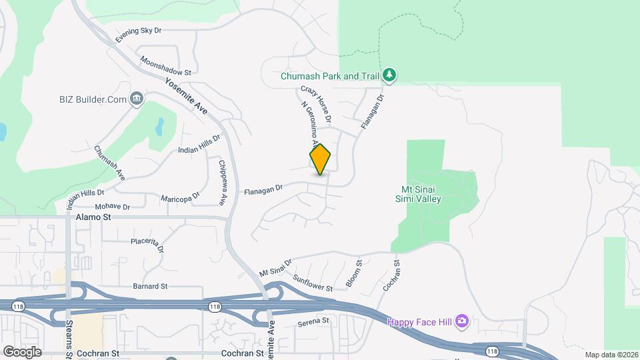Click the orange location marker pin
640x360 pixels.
pyautogui.click(x=320, y=159)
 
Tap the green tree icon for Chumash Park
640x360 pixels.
pyautogui.click(x=389, y=75)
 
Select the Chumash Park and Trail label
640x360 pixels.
pyautogui.click(x=329, y=76)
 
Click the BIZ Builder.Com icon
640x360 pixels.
pyautogui.click(x=137, y=99)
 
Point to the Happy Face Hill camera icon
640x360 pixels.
pyautogui.click(x=462, y=323)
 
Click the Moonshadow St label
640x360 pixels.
pyautogui.click(x=165, y=65)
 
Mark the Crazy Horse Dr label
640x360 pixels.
pyautogui.click(x=316, y=104)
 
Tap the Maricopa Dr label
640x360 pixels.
pyautogui.click(x=180, y=198)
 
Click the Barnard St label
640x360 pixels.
pyautogui.click(x=149, y=286)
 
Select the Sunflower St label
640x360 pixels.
pyautogui.click(x=312, y=283)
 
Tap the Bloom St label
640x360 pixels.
pyautogui.click(x=353, y=274)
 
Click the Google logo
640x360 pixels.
pyautogui.click(x=21, y=351)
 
